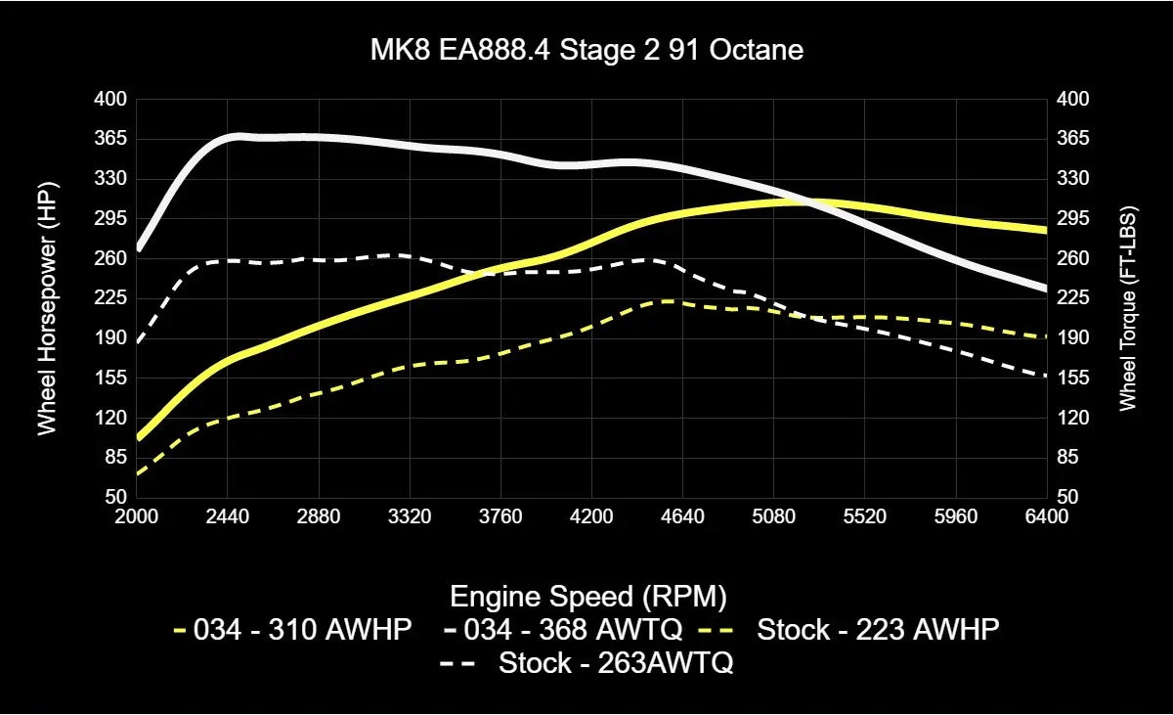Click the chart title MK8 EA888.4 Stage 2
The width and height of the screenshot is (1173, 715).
(586, 50)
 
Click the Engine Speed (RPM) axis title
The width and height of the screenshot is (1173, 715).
(586, 596)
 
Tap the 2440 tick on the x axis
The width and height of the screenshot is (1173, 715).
(228, 516)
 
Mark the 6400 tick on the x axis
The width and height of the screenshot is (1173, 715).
(1047, 516)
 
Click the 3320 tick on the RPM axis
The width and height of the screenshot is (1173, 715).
(410, 516)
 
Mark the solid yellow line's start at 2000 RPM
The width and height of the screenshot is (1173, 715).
(138, 437)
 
